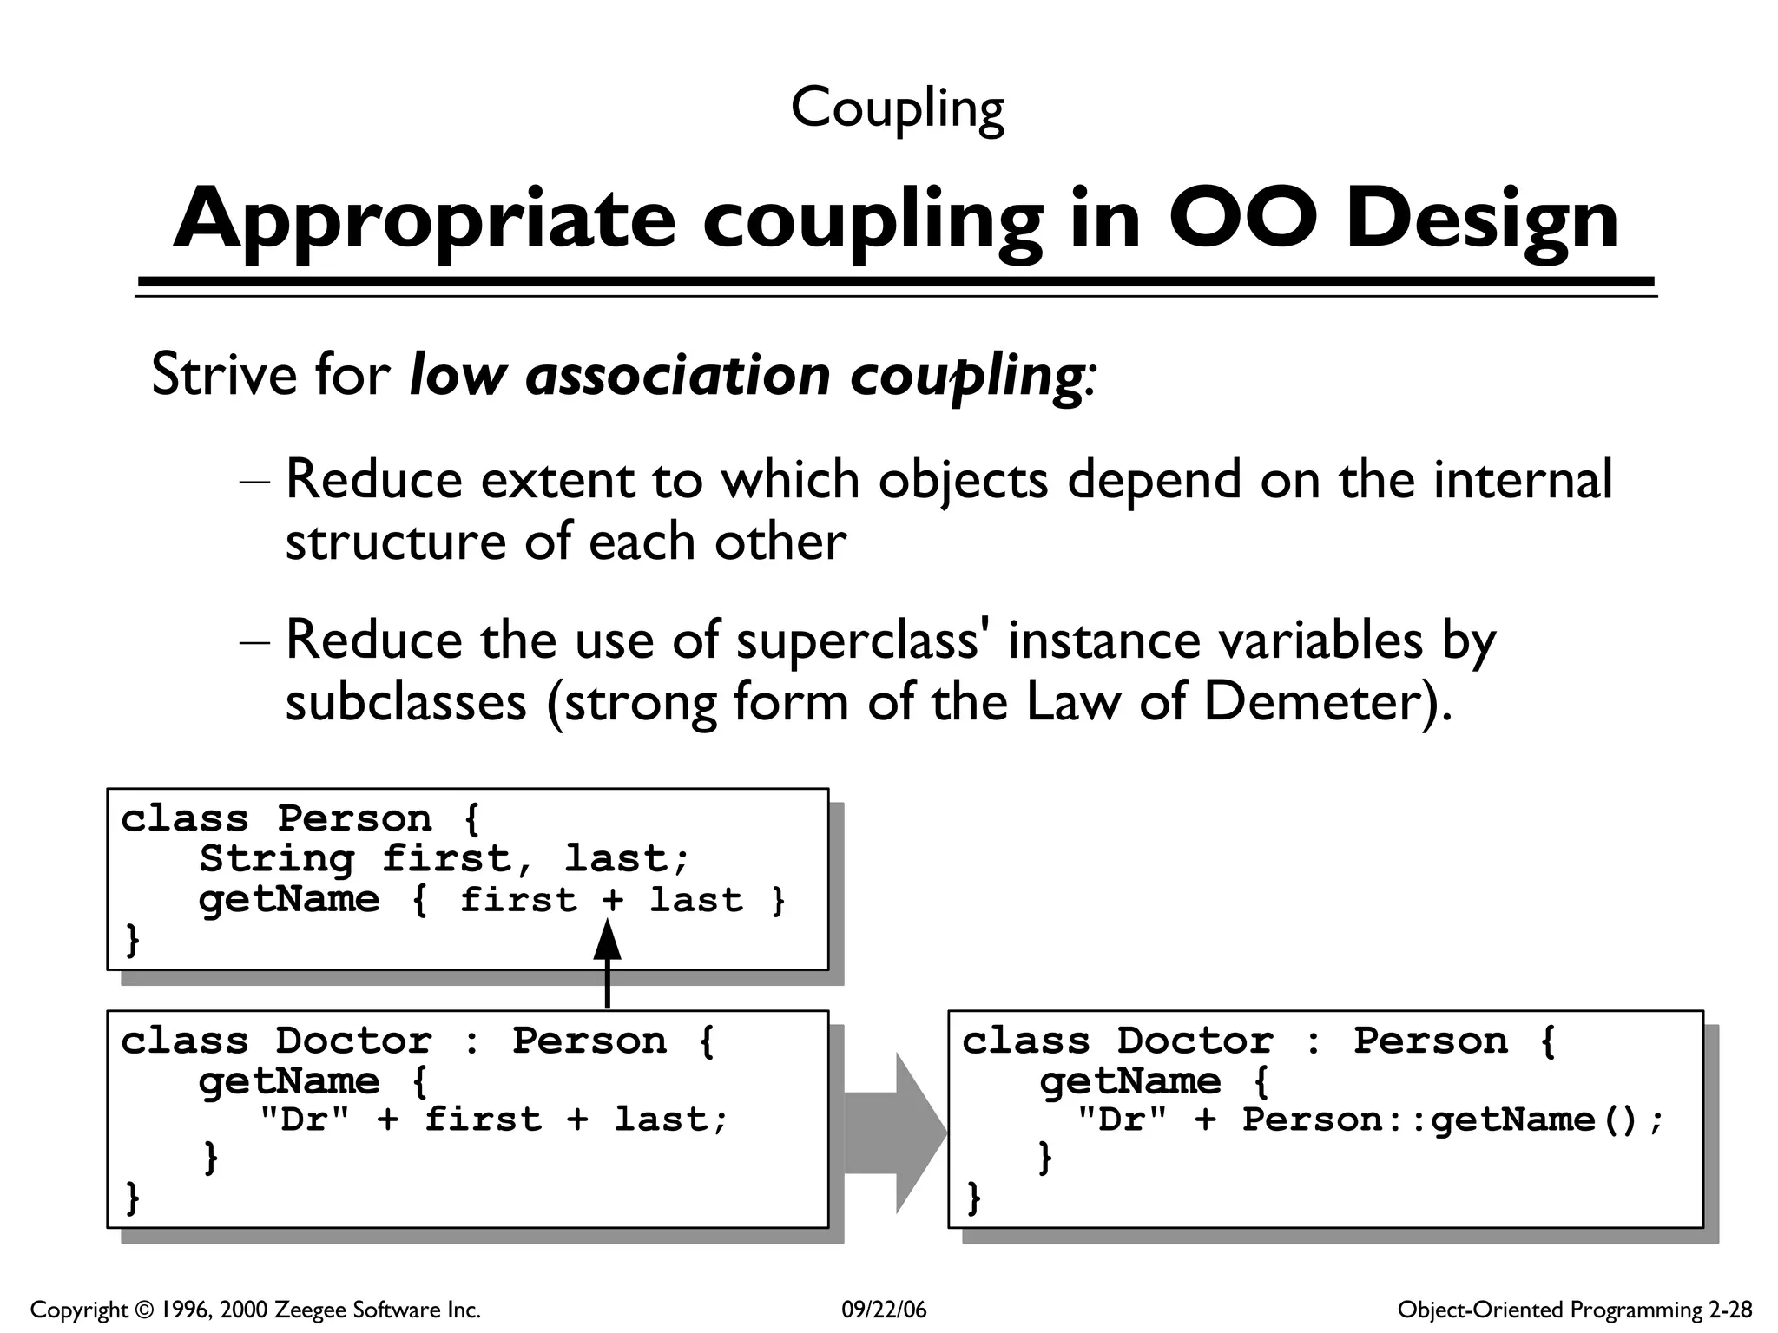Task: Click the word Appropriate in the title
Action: coord(423,219)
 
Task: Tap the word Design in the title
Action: coord(1481,219)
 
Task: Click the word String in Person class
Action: coord(276,858)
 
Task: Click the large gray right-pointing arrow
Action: coord(894,1133)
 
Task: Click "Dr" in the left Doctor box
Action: coord(304,1120)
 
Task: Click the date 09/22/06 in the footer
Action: coord(884,1310)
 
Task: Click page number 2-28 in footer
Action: coord(1730,1310)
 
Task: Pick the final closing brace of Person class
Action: coord(132,940)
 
